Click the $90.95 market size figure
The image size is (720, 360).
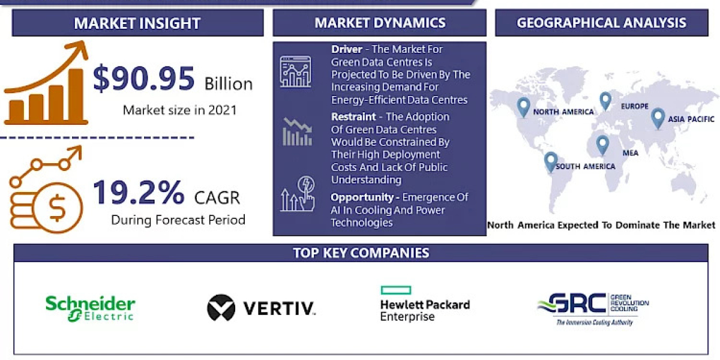pos(144,79)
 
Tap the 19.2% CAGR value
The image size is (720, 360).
pos(139,193)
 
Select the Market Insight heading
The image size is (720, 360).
pos(137,23)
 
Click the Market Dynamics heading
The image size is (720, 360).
pos(380,23)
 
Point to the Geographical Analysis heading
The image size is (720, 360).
pos(601,23)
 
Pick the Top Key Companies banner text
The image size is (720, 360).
pos(361,253)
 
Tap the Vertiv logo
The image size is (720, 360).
pos(261,308)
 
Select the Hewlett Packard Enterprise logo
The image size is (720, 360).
pos(424,304)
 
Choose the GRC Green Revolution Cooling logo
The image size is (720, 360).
pos(592,308)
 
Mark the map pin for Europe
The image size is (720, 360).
pos(605,101)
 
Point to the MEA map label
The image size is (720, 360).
pos(630,153)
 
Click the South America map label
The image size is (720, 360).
pos(585,166)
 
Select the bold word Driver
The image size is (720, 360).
pos(346,49)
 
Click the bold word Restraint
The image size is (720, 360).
pos(353,116)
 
